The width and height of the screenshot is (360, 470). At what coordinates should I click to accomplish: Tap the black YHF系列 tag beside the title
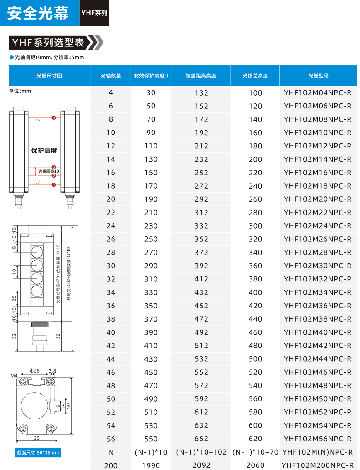[x=94, y=13]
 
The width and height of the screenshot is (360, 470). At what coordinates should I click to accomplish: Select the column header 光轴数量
[x=111, y=76]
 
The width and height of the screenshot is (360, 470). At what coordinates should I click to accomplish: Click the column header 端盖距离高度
[x=201, y=76]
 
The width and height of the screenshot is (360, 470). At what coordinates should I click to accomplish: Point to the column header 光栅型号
[x=318, y=76]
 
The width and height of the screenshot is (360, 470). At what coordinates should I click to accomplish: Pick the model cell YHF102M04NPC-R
[x=318, y=93]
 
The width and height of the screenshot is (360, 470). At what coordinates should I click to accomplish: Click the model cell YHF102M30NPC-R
[x=318, y=266]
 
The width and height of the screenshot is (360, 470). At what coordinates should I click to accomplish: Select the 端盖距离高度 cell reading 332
[x=201, y=226]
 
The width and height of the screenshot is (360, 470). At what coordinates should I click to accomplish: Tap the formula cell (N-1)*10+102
[x=201, y=452]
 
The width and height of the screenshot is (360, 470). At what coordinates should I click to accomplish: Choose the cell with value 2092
[x=201, y=465]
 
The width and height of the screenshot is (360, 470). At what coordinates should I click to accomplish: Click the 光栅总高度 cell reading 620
[x=255, y=439]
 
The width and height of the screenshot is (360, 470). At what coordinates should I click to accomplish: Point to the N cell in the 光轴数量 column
[x=111, y=452]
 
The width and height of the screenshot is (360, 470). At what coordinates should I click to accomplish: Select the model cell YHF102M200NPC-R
[x=318, y=465]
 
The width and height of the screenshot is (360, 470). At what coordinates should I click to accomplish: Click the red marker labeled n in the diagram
[x=54, y=118]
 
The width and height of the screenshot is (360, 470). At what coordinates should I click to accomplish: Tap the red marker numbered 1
[x=54, y=184]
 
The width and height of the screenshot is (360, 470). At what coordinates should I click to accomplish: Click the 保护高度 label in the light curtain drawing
[x=44, y=151]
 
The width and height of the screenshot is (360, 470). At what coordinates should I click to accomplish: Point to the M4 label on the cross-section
[x=14, y=376]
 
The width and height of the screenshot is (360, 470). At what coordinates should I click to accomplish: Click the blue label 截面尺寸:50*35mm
[x=36, y=453]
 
